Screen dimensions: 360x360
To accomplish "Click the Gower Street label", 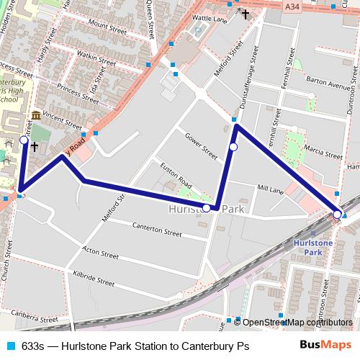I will click(x=201, y=146).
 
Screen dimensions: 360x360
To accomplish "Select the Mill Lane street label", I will click(x=270, y=189).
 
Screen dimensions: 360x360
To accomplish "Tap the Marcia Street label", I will click(x=323, y=153).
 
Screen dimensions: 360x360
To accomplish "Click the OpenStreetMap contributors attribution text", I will click(x=297, y=323).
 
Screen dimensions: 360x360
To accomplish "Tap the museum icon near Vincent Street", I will click(x=35, y=117).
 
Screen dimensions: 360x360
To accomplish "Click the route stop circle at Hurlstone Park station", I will click(x=337, y=214).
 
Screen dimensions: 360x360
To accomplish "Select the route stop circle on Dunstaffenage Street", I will click(x=233, y=147).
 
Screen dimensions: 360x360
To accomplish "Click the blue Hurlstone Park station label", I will click(x=313, y=248).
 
